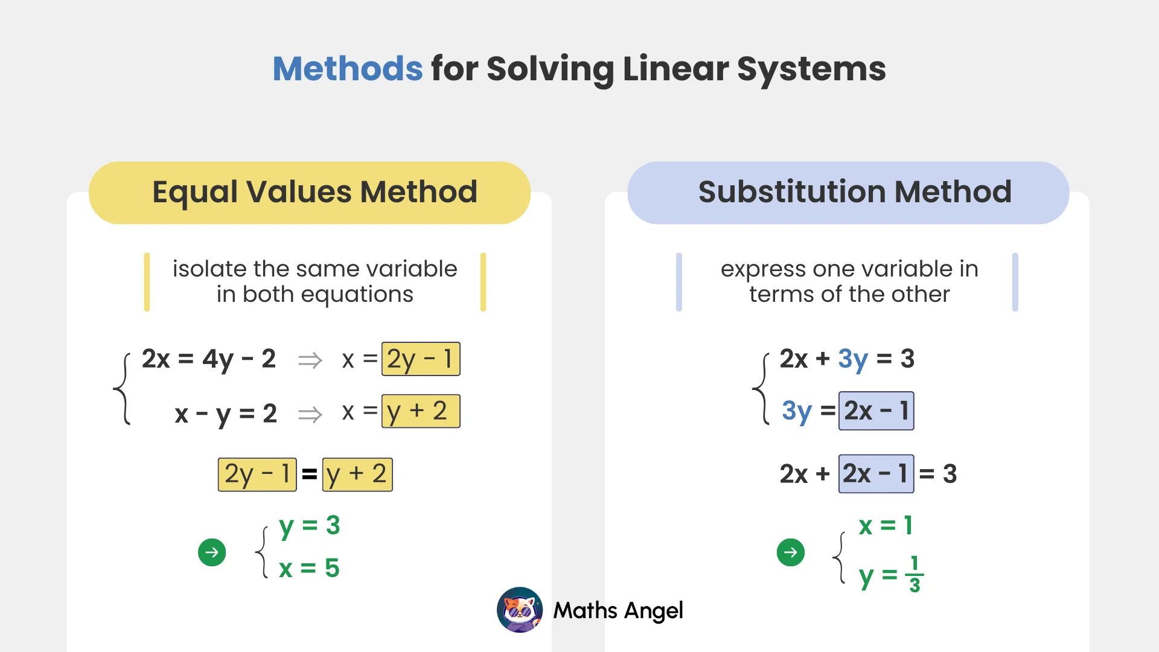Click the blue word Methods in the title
[x=347, y=69]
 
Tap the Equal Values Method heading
[x=314, y=192]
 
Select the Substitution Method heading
[x=854, y=192]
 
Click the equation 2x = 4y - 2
[x=208, y=359]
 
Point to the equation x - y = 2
[x=225, y=414]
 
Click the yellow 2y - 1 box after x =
[x=421, y=359]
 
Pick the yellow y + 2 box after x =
[x=421, y=411]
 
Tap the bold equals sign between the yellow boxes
[x=310, y=475]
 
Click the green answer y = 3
[x=309, y=526]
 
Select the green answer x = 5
[x=309, y=568]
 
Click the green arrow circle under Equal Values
[x=212, y=552]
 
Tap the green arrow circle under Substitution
[x=791, y=552]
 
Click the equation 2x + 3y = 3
[x=846, y=359]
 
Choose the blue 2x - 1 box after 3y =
[x=876, y=411]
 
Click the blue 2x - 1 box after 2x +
[x=876, y=474]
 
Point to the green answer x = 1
[x=885, y=526]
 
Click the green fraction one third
[x=915, y=574]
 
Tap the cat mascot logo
[x=520, y=610]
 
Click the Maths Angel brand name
[x=618, y=610]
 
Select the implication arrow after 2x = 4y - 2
[x=310, y=361]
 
